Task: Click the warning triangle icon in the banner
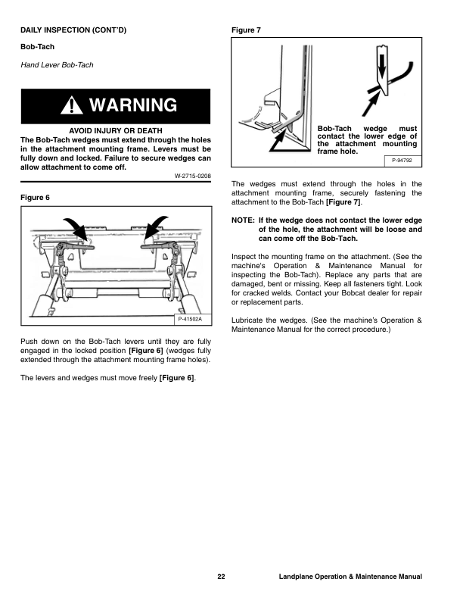click(73, 106)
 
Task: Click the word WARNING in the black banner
click(132, 105)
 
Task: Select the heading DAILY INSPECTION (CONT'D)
click(73, 30)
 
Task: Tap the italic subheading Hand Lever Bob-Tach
click(57, 64)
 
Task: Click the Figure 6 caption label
click(35, 197)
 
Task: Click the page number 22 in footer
click(221, 577)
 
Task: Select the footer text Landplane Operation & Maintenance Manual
click(350, 577)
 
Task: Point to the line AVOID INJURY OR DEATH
click(115, 130)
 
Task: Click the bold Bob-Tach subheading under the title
click(36, 47)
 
